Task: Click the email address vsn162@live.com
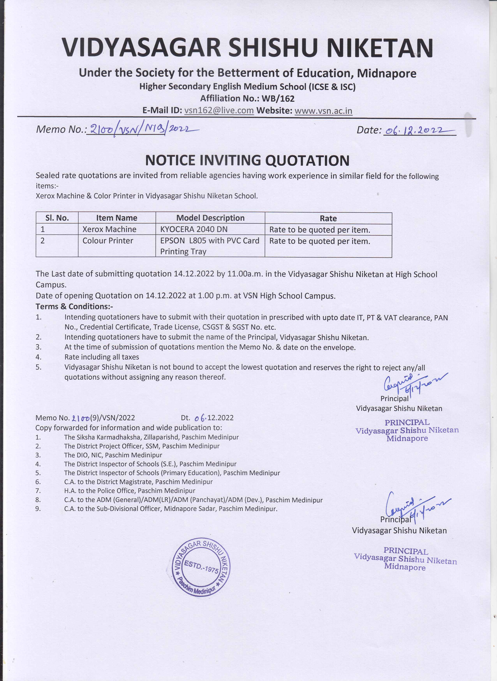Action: pos(219,110)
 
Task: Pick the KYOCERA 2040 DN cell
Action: pos(194,229)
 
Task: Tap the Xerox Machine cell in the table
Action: pos(109,229)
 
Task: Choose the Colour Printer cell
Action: pos(108,241)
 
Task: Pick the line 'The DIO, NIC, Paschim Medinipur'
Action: pos(113,455)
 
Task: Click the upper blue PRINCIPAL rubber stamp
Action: pos(407,430)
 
